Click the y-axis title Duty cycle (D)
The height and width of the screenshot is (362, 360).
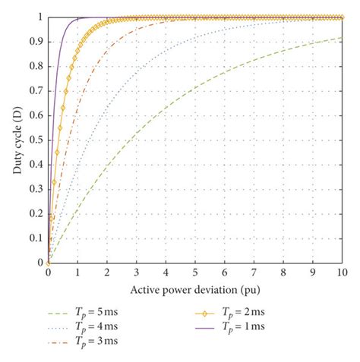pyautogui.click(x=16, y=140)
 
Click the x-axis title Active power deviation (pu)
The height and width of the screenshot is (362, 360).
pyautogui.click(x=194, y=290)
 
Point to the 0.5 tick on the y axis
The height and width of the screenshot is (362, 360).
pyautogui.click(x=38, y=140)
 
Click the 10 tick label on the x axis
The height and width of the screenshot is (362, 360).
pyautogui.click(x=342, y=272)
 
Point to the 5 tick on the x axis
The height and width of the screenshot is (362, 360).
pyautogui.click(x=195, y=272)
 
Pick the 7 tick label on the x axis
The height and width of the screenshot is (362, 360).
pyautogui.click(x=254, y=272)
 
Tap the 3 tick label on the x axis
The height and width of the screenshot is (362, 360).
pyautogui.click(x=136, y=272)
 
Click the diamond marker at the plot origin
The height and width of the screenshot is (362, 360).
pyautogui.click(x=48, y=263)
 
